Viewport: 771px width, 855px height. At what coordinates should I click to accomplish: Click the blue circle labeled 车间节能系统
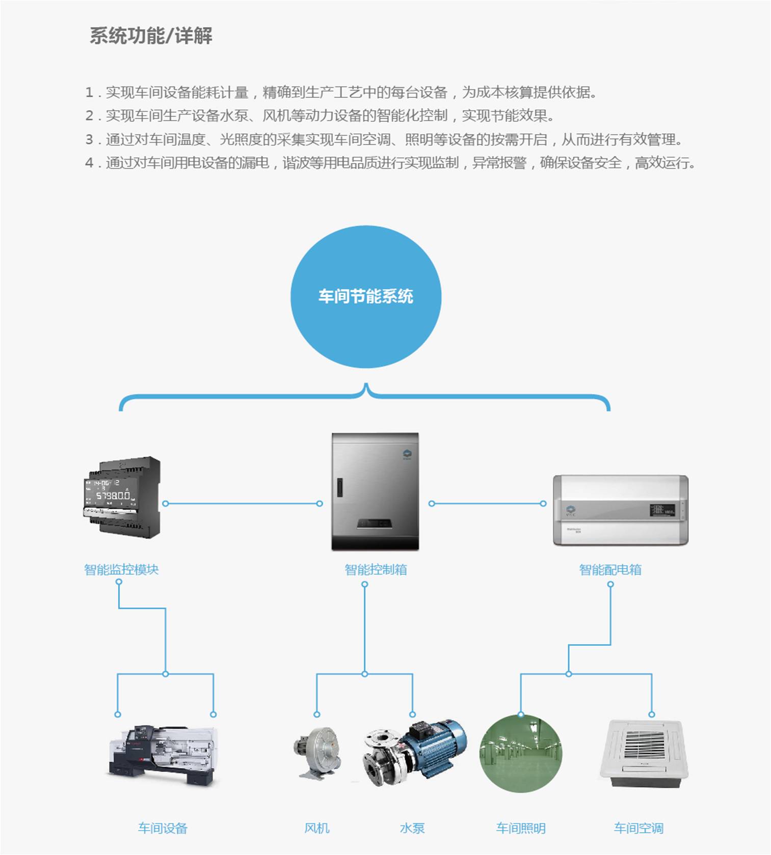click(365, 297)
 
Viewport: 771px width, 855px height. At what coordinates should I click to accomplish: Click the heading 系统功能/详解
click(151, 36)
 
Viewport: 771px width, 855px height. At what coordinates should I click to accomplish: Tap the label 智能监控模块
click(121, 569)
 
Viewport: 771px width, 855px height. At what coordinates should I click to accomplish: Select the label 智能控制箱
click(376, 569)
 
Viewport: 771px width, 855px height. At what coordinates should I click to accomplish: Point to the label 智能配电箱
click(610, 569)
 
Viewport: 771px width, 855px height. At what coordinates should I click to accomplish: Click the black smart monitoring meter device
click(122, 497)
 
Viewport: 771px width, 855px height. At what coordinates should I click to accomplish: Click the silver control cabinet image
click(375, 491)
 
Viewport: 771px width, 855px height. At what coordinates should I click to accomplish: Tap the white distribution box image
click(621, 510)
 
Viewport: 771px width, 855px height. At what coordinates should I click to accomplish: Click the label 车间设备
click(163, 828)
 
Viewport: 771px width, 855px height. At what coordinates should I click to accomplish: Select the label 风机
click(316, 828)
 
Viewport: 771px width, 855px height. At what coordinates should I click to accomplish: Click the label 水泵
click(412, 828)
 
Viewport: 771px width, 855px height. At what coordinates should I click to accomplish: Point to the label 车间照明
click(521, 828)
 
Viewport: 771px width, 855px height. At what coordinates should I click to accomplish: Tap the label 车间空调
click(639, 828)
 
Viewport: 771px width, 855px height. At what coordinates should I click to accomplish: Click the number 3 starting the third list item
click(89, 140)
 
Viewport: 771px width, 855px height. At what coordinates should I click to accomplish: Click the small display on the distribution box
click(662, 510)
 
